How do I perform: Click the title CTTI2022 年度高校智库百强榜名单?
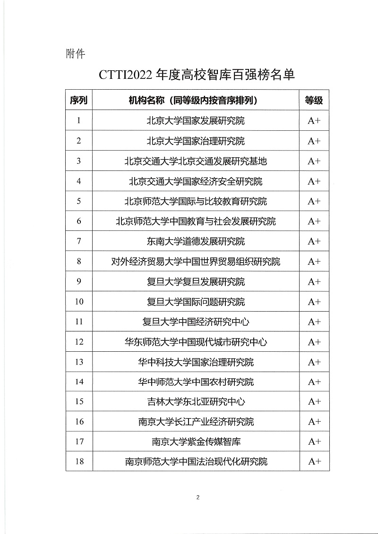(197, 75)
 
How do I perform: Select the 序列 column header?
(79, 100)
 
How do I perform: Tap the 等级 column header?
(314, 100)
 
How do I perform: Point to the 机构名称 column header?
(196, 100)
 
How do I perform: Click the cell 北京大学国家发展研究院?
(196, 120)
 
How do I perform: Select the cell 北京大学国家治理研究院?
(196, 141)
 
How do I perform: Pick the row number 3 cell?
(79, 161)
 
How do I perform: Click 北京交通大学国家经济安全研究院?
(196, 181)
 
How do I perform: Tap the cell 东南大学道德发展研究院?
(196, 241)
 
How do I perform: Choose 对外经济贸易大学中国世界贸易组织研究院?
(196, 262)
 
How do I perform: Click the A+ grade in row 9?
(314, 282)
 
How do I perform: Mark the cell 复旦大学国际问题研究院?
(196, 302)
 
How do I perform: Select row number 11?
(79, 322)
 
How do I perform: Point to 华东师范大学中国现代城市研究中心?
(196, 342)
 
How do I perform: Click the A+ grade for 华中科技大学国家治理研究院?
(314, 362)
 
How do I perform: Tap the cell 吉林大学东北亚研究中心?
(196, 402)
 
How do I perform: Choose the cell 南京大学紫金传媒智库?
(196, 441)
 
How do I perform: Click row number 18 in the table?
(79, 461)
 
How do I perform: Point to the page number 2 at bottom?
(198, 497)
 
